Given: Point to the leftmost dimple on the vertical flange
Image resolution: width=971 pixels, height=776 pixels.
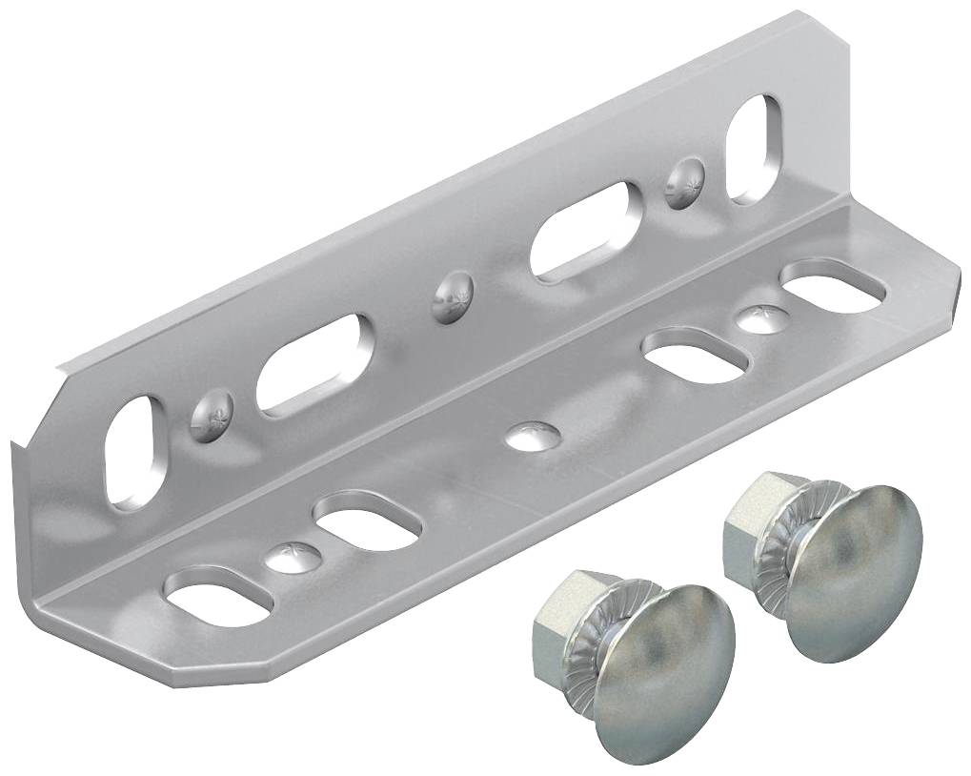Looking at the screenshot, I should pyautogui.click(x=212, y=416).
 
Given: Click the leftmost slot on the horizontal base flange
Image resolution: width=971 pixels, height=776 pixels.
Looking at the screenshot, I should pyautogui.click(x=221, y=598).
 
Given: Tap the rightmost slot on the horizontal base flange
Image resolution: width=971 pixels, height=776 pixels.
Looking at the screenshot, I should pyautogui.click(x=833, y=283).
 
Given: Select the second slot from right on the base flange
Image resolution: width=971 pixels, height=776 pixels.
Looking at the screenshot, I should pyautogui.click(x=698, y=355).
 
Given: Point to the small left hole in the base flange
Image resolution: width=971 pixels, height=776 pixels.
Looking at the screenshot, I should pyautogui.click(x=290, y=555).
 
